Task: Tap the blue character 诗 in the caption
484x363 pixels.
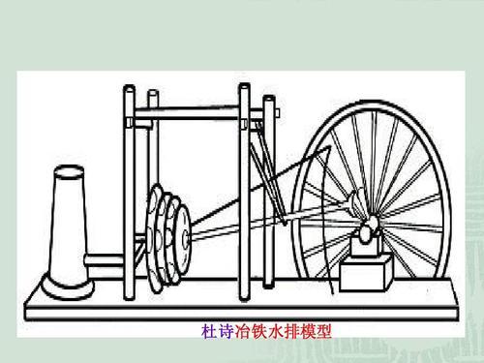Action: click(223, 330)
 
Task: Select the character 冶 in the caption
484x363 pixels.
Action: click(241, 330)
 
